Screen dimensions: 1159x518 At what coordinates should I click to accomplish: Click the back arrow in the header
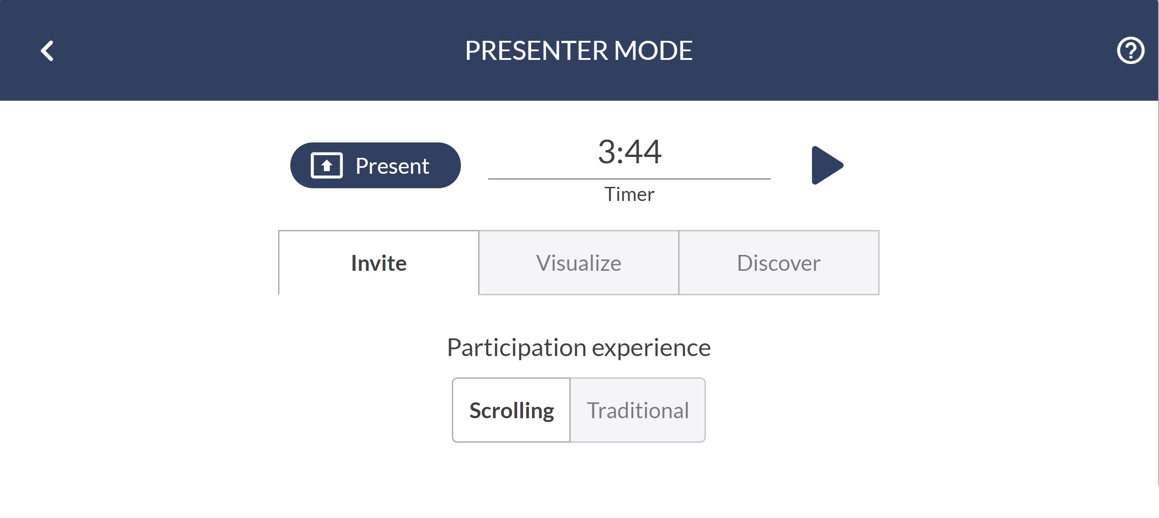point(47,51)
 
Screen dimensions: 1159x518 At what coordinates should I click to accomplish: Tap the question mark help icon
point(1130,50)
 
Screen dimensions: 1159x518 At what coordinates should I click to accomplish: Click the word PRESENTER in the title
point(536,50)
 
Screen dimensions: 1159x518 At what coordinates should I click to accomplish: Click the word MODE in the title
point(653,50)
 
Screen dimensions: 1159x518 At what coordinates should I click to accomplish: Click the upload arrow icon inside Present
point(327,166)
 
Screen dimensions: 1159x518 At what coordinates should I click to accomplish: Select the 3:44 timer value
point(630,152)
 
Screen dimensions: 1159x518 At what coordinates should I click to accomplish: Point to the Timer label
point(629,194)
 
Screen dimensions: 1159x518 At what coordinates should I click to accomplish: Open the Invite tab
point(379,263)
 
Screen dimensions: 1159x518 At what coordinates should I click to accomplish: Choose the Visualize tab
point(579,263)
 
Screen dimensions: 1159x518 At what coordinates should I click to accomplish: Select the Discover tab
point(779,263)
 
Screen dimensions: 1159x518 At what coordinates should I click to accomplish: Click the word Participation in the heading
point(517,348)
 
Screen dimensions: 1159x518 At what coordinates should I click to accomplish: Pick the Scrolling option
point(511,410)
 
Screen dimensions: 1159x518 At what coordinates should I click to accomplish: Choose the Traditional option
point(637,410)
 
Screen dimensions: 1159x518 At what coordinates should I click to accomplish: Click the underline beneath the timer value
point(629,179)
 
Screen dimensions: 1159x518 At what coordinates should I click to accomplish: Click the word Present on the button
point(392,166)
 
